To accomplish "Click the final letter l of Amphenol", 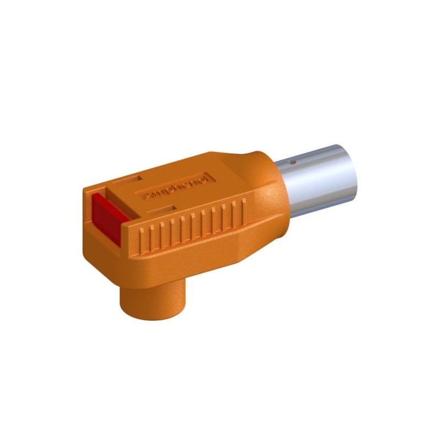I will (x=204, y=178).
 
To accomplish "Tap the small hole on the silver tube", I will (x=293, y=163).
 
